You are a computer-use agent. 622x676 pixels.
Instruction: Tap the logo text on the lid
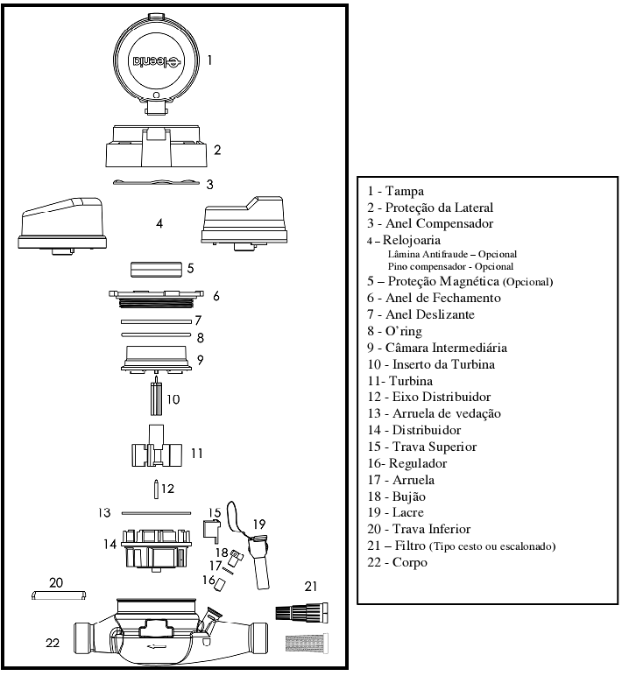tap(158, 61)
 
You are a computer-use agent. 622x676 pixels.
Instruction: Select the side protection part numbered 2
tap(157, 146)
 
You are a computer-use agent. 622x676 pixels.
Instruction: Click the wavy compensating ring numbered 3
tap(156, 182)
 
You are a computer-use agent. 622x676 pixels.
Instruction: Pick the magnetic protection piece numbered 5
tap(156, 269)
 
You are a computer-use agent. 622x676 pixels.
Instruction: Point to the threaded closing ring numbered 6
tap(156, 299)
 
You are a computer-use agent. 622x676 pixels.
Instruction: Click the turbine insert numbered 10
tap(156, 395)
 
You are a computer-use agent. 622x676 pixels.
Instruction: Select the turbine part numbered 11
tap(157, 447)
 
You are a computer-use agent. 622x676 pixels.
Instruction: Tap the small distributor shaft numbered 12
tap(157, 489)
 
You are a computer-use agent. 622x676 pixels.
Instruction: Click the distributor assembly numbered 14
tap(156, 551)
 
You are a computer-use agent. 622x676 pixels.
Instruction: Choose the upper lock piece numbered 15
tap(211, 530)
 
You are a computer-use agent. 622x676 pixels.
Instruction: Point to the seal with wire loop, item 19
tap(254, 547)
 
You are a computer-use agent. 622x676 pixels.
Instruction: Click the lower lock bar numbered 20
tap(59, 595)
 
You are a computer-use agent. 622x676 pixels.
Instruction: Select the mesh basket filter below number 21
tap(307, 643)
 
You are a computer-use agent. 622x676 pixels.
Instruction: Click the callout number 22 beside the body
tap(53, 643)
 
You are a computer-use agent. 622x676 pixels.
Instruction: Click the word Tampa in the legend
tap(404, 192)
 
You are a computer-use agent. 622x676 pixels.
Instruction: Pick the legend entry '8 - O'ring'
tap(395, 331)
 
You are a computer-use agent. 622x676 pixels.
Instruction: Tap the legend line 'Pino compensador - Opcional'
tap(450, 267)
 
